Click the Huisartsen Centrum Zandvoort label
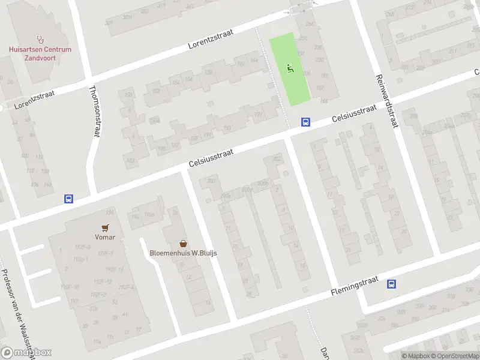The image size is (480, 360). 40,53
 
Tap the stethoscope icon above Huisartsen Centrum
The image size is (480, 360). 40,40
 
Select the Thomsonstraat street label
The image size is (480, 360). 93,110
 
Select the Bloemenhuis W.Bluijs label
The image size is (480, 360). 183,253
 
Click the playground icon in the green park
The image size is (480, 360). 290,68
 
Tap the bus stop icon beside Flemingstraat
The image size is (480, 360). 392,284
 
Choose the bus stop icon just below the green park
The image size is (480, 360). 305,122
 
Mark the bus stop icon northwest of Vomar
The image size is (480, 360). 68,199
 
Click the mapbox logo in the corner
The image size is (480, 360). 26,353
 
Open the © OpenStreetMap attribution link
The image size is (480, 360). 448,356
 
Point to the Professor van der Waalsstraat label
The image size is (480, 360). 17,312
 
